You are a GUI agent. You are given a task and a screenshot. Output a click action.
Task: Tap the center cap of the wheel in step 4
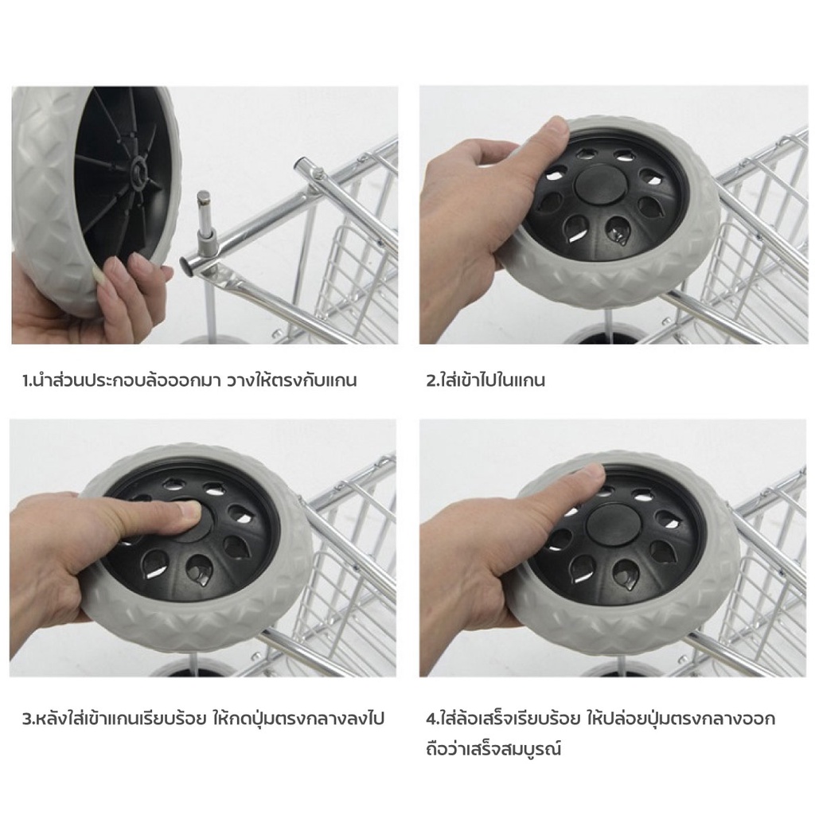[x=611, y=526]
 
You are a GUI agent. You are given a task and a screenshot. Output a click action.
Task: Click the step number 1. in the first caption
[x=27, y=380]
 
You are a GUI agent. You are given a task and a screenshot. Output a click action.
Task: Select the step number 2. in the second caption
[x=432, y=380]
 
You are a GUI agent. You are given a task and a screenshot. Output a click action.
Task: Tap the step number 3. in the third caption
[x=29, y=719]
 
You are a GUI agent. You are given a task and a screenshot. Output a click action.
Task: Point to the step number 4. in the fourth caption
[x=433, y=719]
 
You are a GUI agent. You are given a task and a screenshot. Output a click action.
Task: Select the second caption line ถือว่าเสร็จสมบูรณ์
[x=493, y=750]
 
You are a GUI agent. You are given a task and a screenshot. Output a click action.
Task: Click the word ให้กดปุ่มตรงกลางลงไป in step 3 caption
[x=298, y=719]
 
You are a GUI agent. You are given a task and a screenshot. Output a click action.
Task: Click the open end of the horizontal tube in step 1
[x=299, y=166]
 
